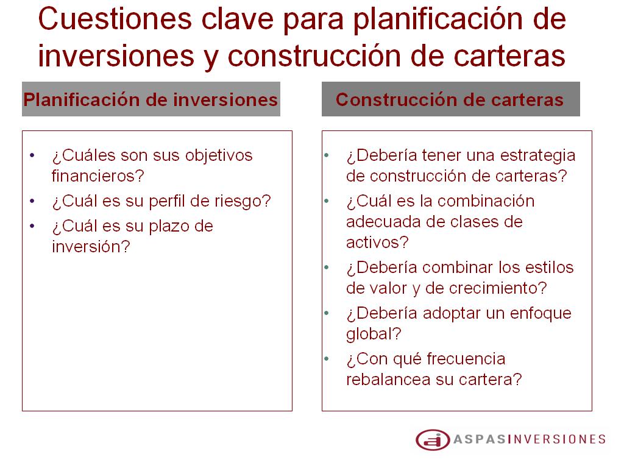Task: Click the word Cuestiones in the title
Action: pyautogui.click(x=115, y=19)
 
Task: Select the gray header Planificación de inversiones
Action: pyautogui.click(x=151, y=99)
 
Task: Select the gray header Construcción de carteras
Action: pyautogui.click(x=450, y=99)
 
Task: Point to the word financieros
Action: pyautogui.click(x=98, y=175)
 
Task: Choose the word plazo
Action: pyautogui.click(x=169, y=227)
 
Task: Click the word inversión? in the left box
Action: pyautogui.click(x=91, y=246)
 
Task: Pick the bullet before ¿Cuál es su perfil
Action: pyautogui.click(x=32, y=201)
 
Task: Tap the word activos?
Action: pyautogui.click(x=377, y=242)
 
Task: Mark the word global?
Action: pyautogui.click(x=374, y=333)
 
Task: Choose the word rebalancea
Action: pyautogui.click(x=388, y=379)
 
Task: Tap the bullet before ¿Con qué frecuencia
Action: pyautogui.click(x=327, y=359)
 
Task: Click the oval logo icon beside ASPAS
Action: pyautogui.click(x=433, y=440)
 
